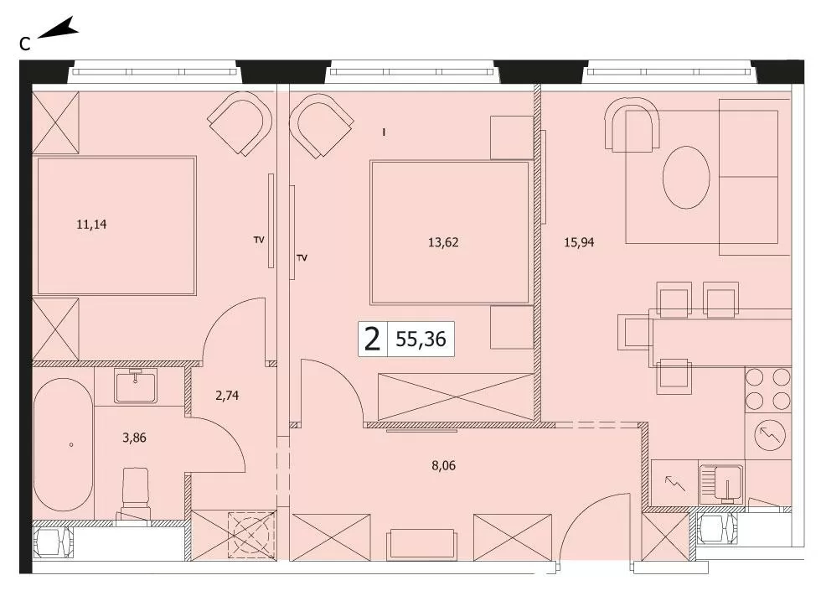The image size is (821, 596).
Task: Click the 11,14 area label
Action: [91, 225]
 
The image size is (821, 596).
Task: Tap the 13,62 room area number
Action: [443, 242]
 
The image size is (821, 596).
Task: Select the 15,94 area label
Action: [579, 242]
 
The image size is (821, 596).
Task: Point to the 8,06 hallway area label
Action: [443, 465]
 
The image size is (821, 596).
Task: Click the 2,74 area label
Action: [227, 396]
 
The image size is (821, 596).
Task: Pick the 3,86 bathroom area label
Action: [134, 438]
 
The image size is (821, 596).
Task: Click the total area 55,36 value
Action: [421, 339]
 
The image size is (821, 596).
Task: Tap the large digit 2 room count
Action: [372, 339]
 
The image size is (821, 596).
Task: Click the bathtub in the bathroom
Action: [64, 445]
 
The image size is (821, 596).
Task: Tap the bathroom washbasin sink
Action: [136, 386]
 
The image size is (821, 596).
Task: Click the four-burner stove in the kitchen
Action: [767, 389]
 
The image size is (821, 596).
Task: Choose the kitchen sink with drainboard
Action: [721, 484]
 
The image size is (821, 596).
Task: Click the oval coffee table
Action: [686, 178]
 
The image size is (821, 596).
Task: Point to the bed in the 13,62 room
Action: [449, 232]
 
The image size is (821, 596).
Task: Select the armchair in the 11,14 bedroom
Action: [240, 123]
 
